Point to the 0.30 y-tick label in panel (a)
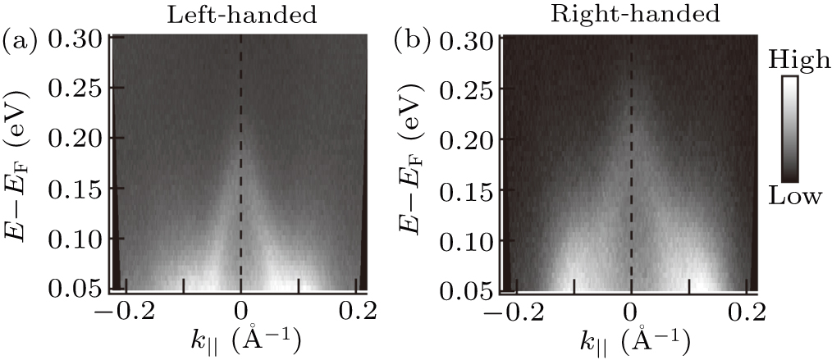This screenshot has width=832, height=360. [x=78, y=39]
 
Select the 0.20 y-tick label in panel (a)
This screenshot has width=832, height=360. [x=78, y=139]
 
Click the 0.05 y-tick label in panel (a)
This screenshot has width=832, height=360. [x=78, y=290]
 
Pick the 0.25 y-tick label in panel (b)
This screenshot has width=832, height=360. [x=469, y=89]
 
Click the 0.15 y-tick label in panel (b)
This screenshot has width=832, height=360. [x=469, y=190]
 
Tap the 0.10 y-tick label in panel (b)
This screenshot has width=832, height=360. [x=469, y=240]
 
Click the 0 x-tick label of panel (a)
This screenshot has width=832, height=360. [x=240, y=312]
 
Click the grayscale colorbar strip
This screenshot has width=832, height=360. [x=789, y=127]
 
